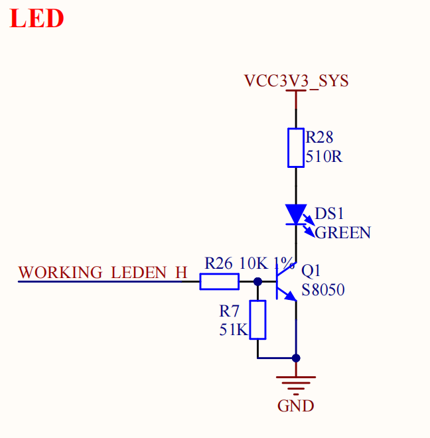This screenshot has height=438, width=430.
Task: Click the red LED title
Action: tap(36, 18)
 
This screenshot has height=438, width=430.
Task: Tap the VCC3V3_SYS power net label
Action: tap(297, 81)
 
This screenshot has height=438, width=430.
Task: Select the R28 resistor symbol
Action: tap(296, 148)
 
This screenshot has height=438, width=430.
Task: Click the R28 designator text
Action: tap(319, 137)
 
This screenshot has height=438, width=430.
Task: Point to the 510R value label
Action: tap(324, 156)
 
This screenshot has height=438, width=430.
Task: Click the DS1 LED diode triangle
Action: tap(296, 214)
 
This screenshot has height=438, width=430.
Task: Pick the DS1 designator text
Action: tap(329, 214)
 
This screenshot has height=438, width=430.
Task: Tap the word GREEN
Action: tap(343, 232)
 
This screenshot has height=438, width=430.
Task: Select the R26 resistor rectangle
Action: tap(220, 281)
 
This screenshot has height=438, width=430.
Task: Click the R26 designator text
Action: tap(218, 263)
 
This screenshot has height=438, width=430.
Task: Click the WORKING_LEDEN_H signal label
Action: tap(103, 272)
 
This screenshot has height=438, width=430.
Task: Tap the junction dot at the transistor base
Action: tap(257, 281)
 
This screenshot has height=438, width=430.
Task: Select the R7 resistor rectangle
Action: tap(257, 320)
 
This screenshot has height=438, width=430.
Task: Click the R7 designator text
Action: tap(229, 311)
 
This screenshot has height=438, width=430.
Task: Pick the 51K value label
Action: tap(234, 330)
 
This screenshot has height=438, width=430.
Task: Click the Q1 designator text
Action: tap(311, 271)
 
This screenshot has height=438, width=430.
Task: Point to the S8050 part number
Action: tap(323, 289)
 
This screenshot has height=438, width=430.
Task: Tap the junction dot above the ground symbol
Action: tap(296, 358)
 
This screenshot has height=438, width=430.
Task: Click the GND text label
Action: tap(295, 406)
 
